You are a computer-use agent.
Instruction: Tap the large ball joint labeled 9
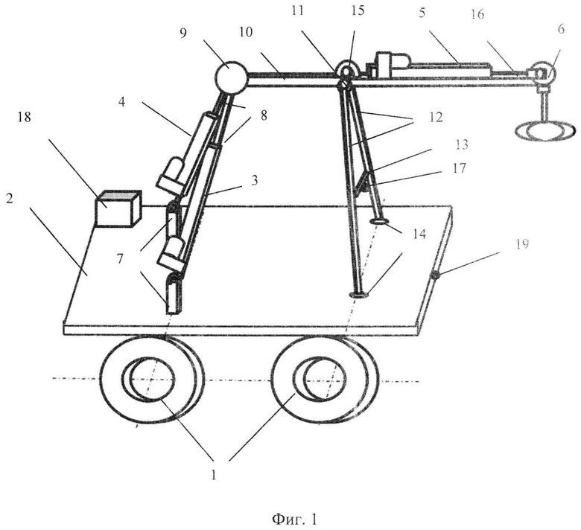[231, 76]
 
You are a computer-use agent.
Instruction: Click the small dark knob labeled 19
[435, 275]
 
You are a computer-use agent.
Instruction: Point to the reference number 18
[24, 118]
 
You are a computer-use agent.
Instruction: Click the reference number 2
[10, 199]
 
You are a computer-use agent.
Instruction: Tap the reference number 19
[522, 244]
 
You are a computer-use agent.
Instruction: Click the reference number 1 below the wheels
[214, 474]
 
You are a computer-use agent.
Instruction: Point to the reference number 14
[419, 234]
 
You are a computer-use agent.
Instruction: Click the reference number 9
[184, 33]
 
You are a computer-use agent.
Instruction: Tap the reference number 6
[561, 29]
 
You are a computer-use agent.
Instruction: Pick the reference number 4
[122, 101]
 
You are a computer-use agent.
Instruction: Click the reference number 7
[119, 258]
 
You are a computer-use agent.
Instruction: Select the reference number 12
[436, 117]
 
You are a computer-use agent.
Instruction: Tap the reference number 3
[254, 181]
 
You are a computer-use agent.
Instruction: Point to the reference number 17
[459, 168]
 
